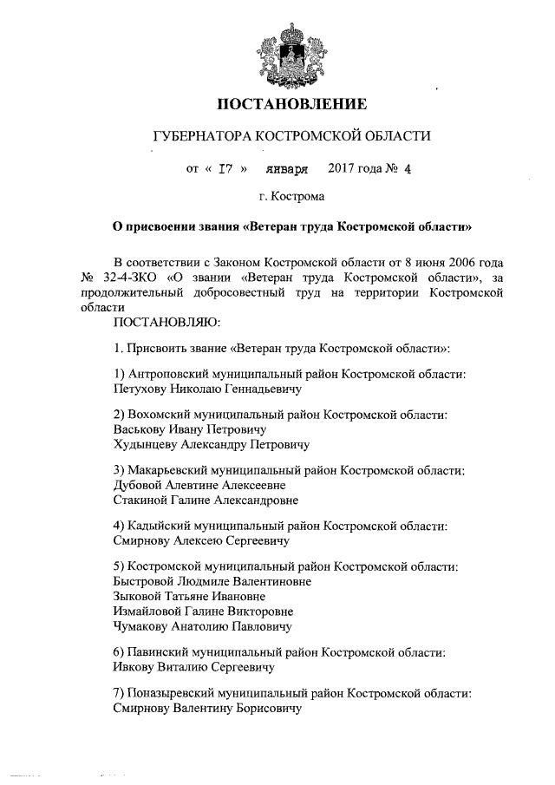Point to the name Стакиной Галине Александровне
[206, 500]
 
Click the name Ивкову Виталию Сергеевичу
[193, 668]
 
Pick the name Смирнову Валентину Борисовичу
[206, 709]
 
